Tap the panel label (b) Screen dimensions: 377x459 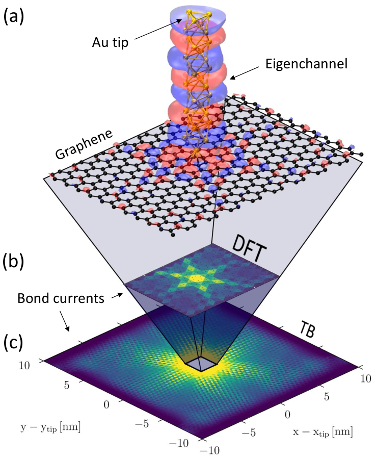[x=13, y=262]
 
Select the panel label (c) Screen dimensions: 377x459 [x=13, y=343]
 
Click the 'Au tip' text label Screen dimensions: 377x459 [x=110, y=42]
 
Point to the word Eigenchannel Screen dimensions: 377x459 [x=306, y=64]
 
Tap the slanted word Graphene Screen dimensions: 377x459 [x=84, y=144]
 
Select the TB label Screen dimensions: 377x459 [x=307, y=331]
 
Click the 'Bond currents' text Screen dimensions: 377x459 [x=61, y=298]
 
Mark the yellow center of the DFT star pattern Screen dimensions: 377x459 [x=194, y=277]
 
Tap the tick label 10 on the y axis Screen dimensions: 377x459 [x=24, y=365]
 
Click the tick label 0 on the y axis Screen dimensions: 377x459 [x=106, y=404]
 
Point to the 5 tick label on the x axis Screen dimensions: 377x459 [x=327, y=397]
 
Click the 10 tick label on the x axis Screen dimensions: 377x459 [x=365, y=378]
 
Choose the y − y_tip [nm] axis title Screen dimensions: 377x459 [x=50, y=427]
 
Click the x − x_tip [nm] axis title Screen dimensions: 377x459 [x=322, y=432]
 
